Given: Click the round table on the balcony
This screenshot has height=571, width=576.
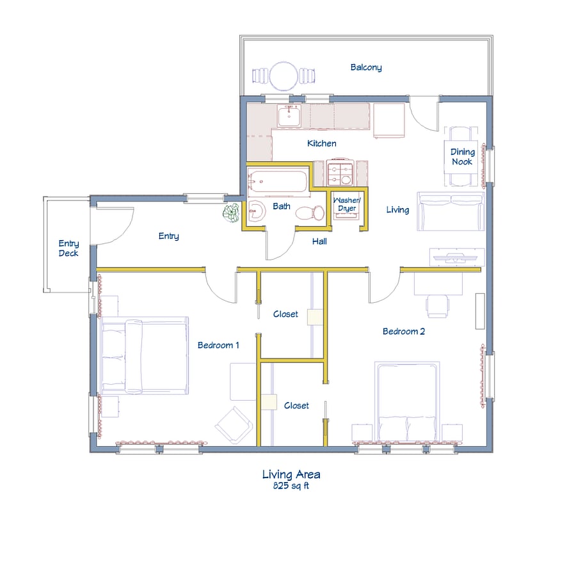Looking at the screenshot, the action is pyautogui.click(x=284, y=76).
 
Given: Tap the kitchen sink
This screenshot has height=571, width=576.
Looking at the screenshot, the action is pyautogui.click(x=289, y=116).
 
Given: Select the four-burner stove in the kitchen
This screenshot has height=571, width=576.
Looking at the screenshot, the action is pyautogui.click(x=340, y=172).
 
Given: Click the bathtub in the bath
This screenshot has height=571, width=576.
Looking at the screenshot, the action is pyautogui.click(x=277, y=180).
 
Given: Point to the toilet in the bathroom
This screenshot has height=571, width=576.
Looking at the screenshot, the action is pyautogui.click(x=310, y=213).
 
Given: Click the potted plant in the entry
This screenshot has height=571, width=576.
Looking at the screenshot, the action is pyautogui.click(x=232, y=213).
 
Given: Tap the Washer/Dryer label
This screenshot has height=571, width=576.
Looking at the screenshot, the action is pyautogui.click(x=347, y=204).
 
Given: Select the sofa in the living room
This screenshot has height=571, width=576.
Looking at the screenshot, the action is pyautogui.click(x=451, y=211).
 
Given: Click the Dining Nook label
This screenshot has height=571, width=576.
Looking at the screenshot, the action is pyautogui.click(x=463, y=157).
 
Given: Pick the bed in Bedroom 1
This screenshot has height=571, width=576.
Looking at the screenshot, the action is pyautogui.click(x=145, y=356).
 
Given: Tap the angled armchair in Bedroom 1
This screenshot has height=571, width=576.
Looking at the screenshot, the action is pyautogui.click(x=234, y=425).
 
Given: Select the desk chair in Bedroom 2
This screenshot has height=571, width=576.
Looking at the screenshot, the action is pyautogui.click(x=437, y=306).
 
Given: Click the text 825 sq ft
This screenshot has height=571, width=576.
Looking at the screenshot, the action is pyautogui.click(x=291, y=486).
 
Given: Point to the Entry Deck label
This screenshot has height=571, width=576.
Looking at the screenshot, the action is pyautogui.click(x=68, y=248).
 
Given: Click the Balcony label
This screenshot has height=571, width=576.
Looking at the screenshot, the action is pyautogui.click(x=366, y=68).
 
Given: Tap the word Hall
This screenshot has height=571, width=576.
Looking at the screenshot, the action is pyautogui.click(x=319, y=241).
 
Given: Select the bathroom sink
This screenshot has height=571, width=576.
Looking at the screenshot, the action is pyautogui.click(x=257, y=211).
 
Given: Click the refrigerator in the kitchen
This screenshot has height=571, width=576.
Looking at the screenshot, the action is pyautogui.click(x=389, y=120).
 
